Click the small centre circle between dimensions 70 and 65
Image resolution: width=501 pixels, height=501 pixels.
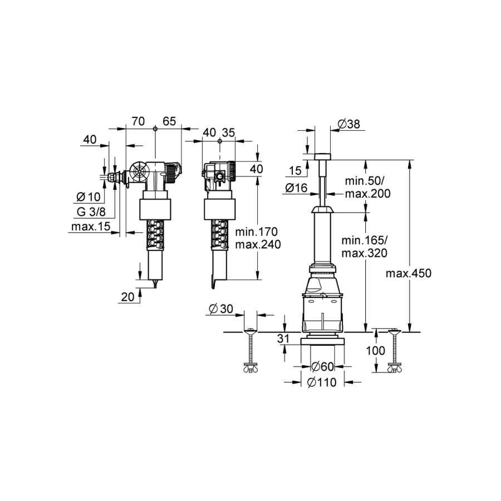point(155,129)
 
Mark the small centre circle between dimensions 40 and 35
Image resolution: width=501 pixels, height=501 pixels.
point(219,141)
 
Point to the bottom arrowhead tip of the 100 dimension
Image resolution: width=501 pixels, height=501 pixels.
point(376,372)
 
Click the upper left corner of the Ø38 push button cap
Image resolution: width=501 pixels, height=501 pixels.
point(315,154)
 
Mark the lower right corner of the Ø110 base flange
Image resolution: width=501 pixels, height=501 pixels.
point(344,345)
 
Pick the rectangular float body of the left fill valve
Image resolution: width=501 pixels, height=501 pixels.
point(155,209)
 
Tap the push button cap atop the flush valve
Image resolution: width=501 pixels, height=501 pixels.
point(323,156)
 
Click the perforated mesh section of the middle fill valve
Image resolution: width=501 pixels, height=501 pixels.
point(220,234)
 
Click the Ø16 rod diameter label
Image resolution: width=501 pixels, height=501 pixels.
point(296,188)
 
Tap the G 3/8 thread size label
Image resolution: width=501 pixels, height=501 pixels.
point(91,212)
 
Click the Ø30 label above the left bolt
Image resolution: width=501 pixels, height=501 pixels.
point(221,308)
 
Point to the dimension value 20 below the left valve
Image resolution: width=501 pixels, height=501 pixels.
point(128,297)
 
